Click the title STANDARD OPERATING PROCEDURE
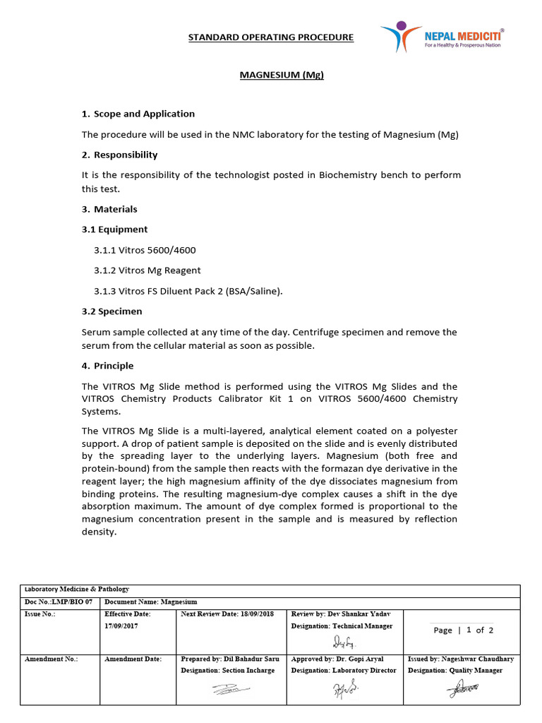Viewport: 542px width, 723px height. [270, 37]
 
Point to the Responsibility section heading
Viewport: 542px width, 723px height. [119, 155]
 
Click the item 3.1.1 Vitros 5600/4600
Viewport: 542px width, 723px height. [145, 250]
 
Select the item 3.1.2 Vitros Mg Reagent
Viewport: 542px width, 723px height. [147, 270]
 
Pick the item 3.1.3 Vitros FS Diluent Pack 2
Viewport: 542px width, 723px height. [188, 291]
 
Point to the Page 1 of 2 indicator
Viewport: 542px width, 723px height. [464, 630]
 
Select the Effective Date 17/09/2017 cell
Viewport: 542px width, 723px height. [127, 620]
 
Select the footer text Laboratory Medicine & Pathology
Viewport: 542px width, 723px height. [77, 589]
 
